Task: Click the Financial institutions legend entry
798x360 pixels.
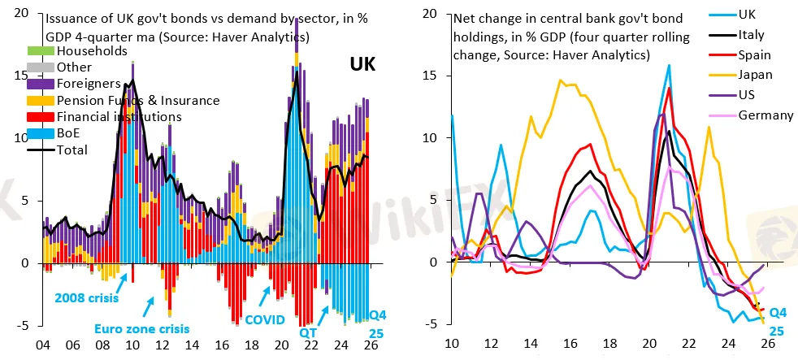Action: coord(119,117)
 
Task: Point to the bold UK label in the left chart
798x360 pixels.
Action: coord(362,65)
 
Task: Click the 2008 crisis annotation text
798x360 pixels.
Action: coord(87,298)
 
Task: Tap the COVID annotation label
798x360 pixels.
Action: coord(265,320)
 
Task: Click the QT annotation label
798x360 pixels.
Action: coord(309,332)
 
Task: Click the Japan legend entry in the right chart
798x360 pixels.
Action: coord(756,75)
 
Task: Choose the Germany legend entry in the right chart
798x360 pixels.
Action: coord(765,115)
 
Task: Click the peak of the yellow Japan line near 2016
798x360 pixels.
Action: coord(561,80)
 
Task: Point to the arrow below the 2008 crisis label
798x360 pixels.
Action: coord(122,280)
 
